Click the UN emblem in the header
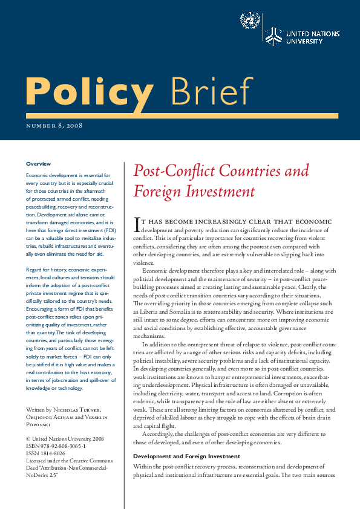point(249,22)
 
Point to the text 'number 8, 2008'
point(54,126)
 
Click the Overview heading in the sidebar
point(39,164)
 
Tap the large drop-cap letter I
point(136,225)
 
